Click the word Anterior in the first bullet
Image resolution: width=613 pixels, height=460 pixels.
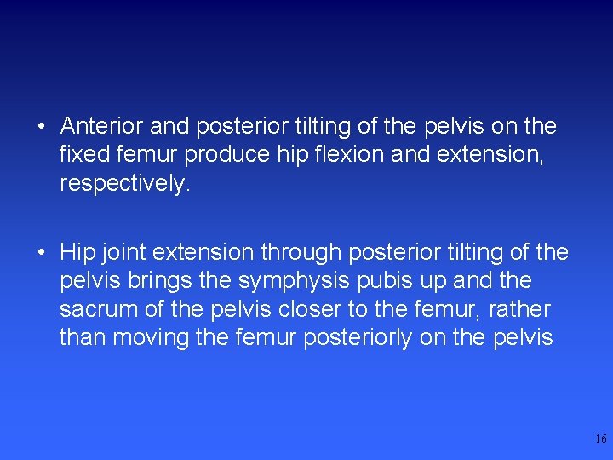[102, 127]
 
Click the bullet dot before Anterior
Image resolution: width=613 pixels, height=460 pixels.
[42, 128]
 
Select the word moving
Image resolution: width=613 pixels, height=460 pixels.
[152, 338]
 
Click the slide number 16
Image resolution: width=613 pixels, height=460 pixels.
[601, 440]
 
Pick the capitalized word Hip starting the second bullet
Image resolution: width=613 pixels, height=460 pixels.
[76, 253]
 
